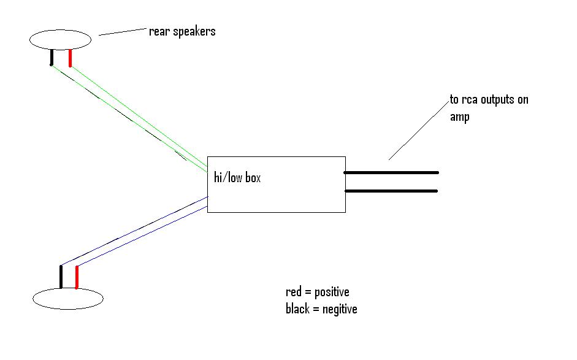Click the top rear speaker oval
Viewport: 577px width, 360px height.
pos(60,40)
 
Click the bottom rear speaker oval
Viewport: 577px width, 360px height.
pos(67,299)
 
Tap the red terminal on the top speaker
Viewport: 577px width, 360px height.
pos(71,58)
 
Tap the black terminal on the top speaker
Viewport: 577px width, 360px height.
pos(52,58)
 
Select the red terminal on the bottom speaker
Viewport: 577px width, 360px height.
pos(77,277)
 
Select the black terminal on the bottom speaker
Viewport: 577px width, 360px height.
pos(61,277)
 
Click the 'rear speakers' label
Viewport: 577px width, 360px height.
pos(182,31)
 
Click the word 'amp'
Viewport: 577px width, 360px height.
pos(459,117)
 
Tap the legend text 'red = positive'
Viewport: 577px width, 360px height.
pos(317,291)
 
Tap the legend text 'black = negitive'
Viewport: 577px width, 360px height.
pos(321,308)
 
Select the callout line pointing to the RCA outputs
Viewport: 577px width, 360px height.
pos(417,132)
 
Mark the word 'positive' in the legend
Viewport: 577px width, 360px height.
pos(331,291)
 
